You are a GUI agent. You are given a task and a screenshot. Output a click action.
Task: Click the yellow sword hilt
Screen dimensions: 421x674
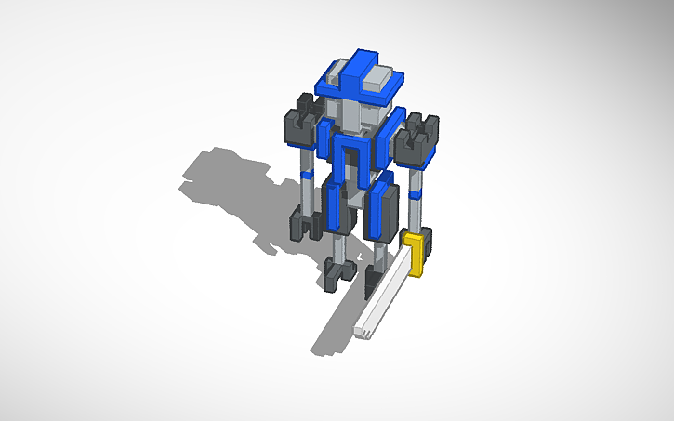[416, 255]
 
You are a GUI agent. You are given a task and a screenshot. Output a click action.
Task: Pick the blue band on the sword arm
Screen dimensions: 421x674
[417, 192]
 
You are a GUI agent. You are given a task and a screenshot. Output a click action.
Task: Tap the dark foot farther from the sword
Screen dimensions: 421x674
[337, 271]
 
